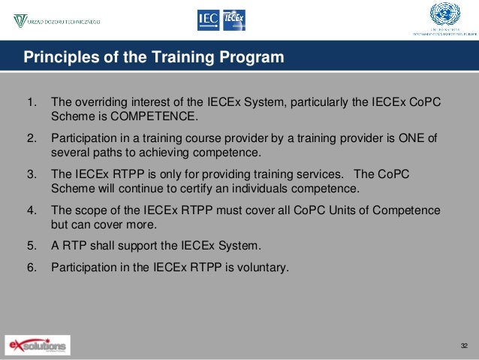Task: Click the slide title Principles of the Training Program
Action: click(x=154, y=57)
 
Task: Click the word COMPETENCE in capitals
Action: click(x=156, y=116)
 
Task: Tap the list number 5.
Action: click(x=31, y=245)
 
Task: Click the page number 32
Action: click(x=463, y=345)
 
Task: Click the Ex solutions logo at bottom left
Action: click(x=37, y=345)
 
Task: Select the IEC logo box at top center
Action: click(x=209, y=20)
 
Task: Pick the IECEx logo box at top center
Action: click(x=233, y=20)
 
